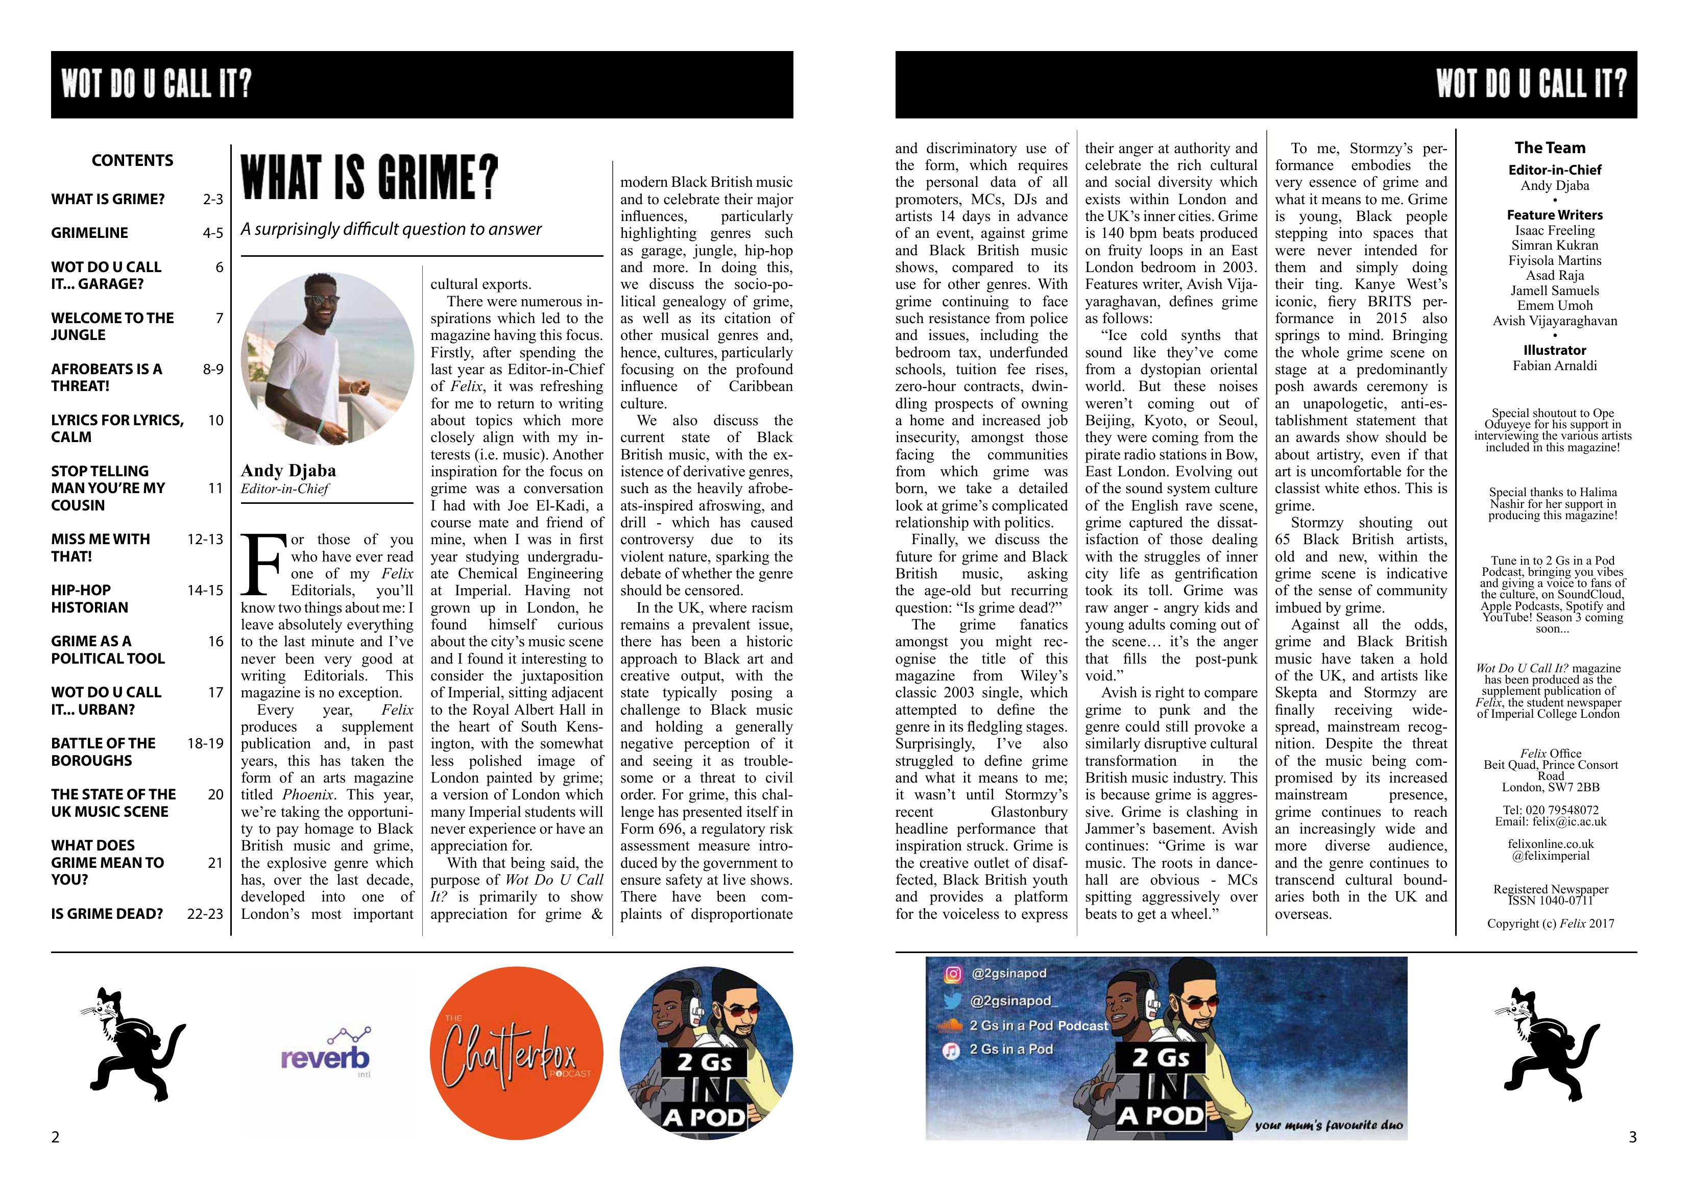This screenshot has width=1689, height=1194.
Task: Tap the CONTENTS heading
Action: point(132,160)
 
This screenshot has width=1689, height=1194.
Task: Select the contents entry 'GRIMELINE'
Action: point(90,232)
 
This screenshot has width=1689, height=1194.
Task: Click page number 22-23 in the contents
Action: point(205,914)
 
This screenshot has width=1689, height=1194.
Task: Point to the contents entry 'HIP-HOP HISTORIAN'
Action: point(90,599)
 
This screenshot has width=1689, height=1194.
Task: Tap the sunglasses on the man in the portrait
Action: point(322,300)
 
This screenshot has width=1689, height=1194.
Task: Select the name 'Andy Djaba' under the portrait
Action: point(288,470)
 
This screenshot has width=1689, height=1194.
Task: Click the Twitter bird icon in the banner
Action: point(953,1001)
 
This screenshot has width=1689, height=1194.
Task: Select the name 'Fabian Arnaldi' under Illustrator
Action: point(1554,365)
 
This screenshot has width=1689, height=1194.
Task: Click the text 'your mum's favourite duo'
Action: point(1329,1125)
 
